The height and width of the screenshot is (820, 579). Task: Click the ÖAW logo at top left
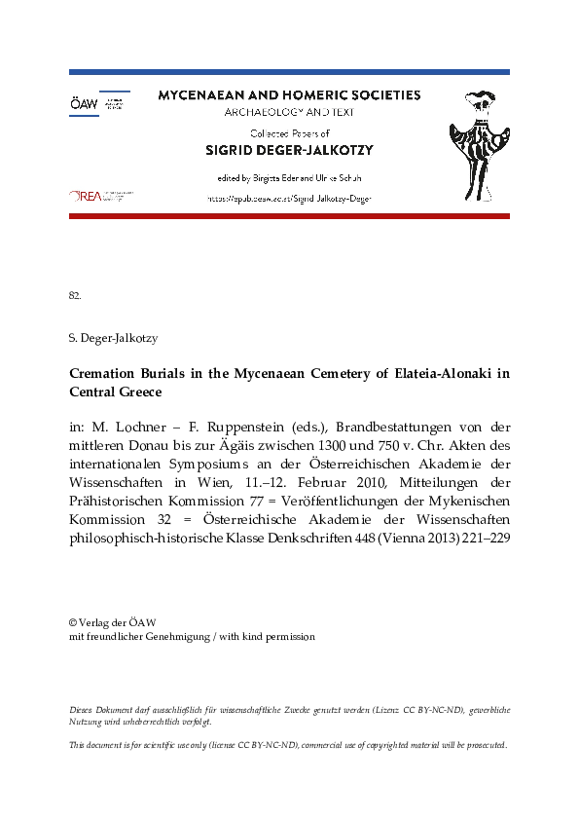tap(97, 103)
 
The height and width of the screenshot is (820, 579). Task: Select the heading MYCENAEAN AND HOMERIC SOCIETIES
tap(289, 95)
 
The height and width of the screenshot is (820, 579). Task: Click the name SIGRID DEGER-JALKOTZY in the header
tap(289, 150)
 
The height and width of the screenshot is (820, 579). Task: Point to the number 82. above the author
tap(75, 294)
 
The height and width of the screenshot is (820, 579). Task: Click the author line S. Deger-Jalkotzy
tap(114, 338)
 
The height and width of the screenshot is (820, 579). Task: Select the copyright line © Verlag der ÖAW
tap(113, 622)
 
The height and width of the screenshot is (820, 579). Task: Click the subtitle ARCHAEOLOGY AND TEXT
tap(289, 112)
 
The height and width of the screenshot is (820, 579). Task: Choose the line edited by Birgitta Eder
tap(289, 178)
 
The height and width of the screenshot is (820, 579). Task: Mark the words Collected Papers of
tap(289, 133)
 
